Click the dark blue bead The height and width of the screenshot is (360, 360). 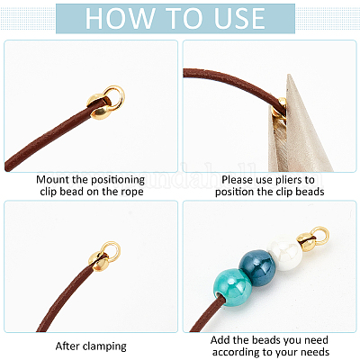257,264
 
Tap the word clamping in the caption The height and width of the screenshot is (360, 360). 104,346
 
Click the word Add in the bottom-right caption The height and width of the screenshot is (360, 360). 220,340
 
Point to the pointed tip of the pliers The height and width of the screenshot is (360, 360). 289,75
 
